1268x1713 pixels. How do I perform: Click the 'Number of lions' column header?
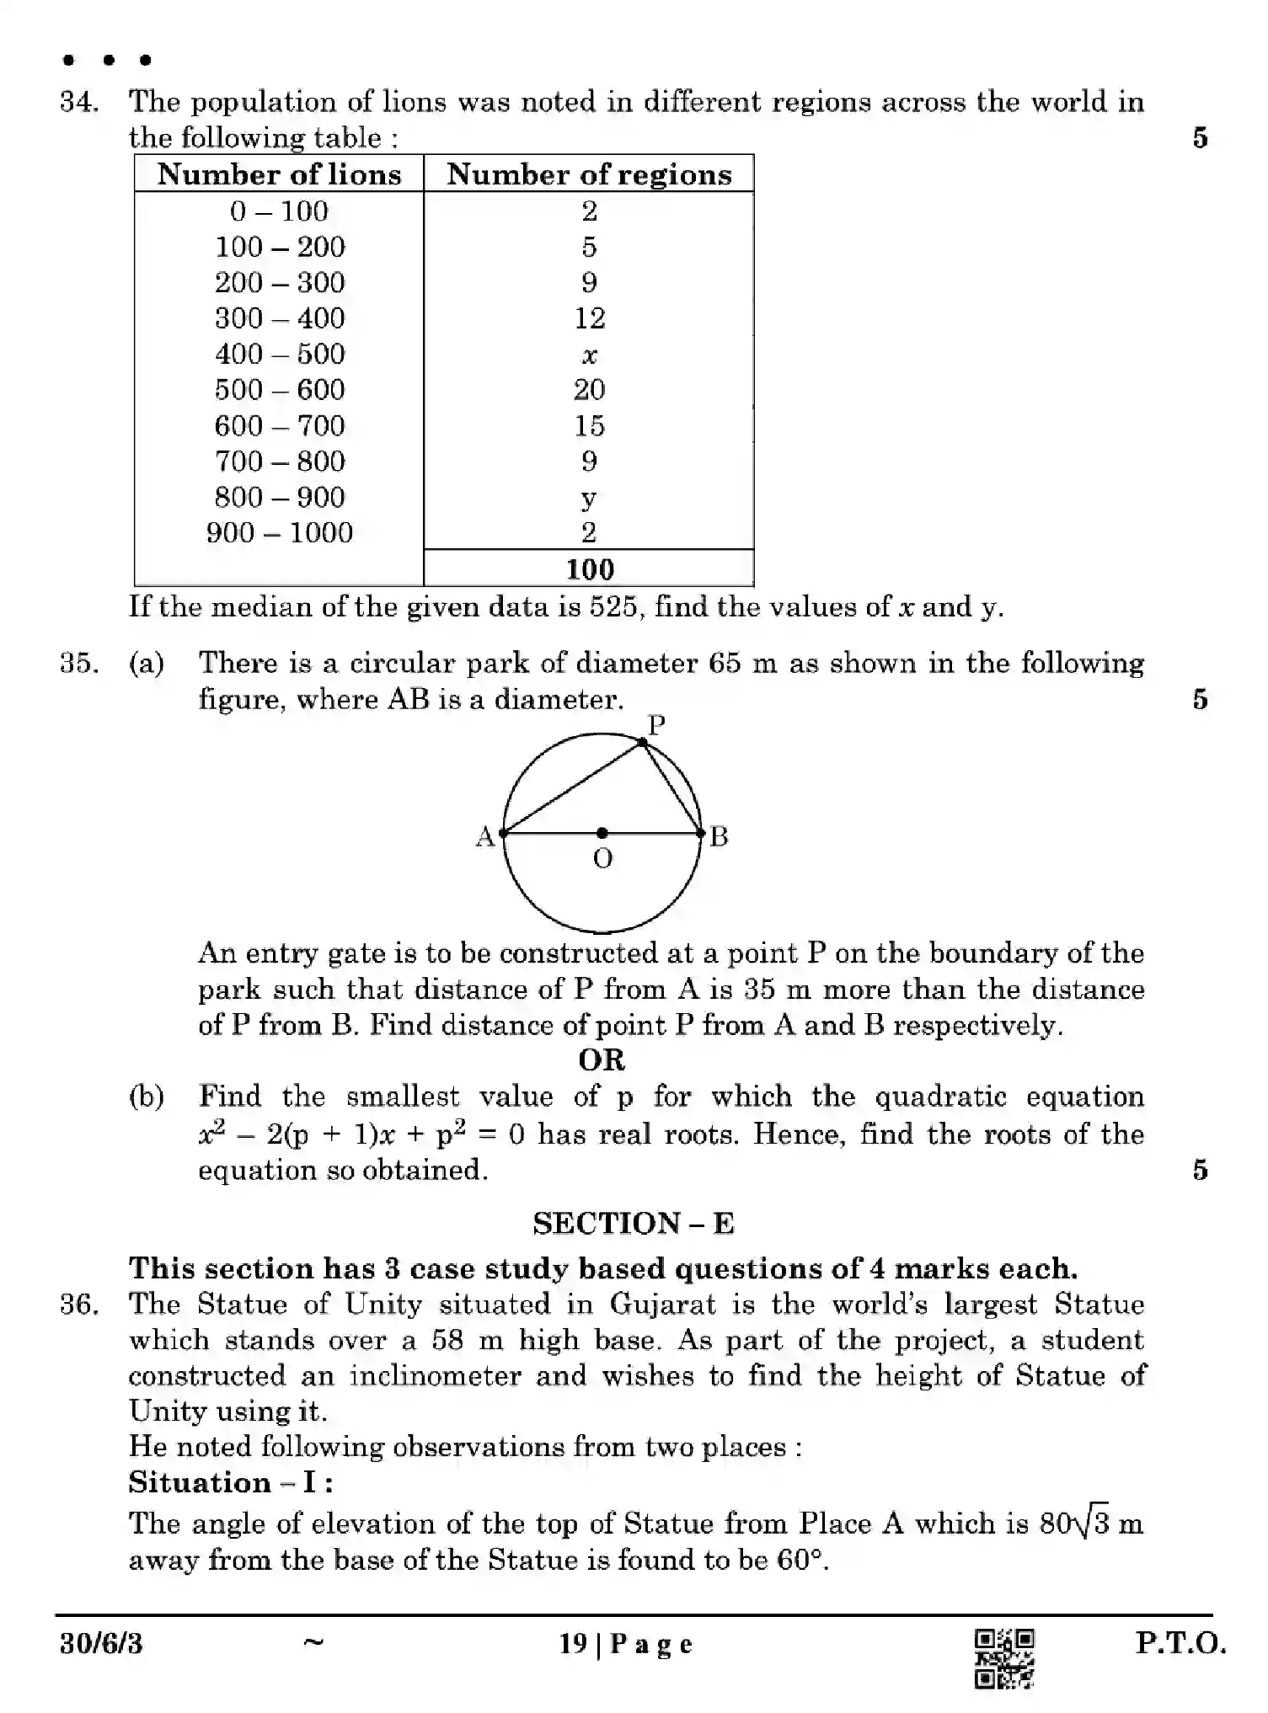click(x=279, y=174)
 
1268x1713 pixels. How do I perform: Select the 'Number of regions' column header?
click(x=589, y=174)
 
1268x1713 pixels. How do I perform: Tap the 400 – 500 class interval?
click(x=279, y=354)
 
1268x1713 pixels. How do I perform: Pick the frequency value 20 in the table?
click(x=589, y=389)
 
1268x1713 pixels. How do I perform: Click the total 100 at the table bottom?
click(x=589, y=569)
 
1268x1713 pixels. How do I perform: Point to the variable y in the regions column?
click(x=589, y=499)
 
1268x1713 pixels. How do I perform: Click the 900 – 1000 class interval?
click(x=279, y=532)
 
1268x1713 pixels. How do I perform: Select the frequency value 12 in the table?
click(x=589, y=318)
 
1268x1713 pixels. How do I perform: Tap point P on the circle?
click(x=643, y=742)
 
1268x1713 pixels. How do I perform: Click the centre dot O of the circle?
click(x=602, y=833)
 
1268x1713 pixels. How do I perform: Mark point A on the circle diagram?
click(x=503, y=834)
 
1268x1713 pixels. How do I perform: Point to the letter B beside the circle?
click(x=719, y=836)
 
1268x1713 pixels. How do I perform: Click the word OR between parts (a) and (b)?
click(x=602, y=1059)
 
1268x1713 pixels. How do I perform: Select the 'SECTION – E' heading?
click(x=633, y=1223)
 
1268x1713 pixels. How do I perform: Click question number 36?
click(x=78, y=1305)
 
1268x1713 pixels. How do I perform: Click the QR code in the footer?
click(x=1003, y=1658)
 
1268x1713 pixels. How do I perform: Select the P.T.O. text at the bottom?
click(x=1180, y=1643)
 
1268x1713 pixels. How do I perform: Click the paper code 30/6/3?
click(x=101, y=1644)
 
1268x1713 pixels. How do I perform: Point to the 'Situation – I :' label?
click(x=230, y=1482)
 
